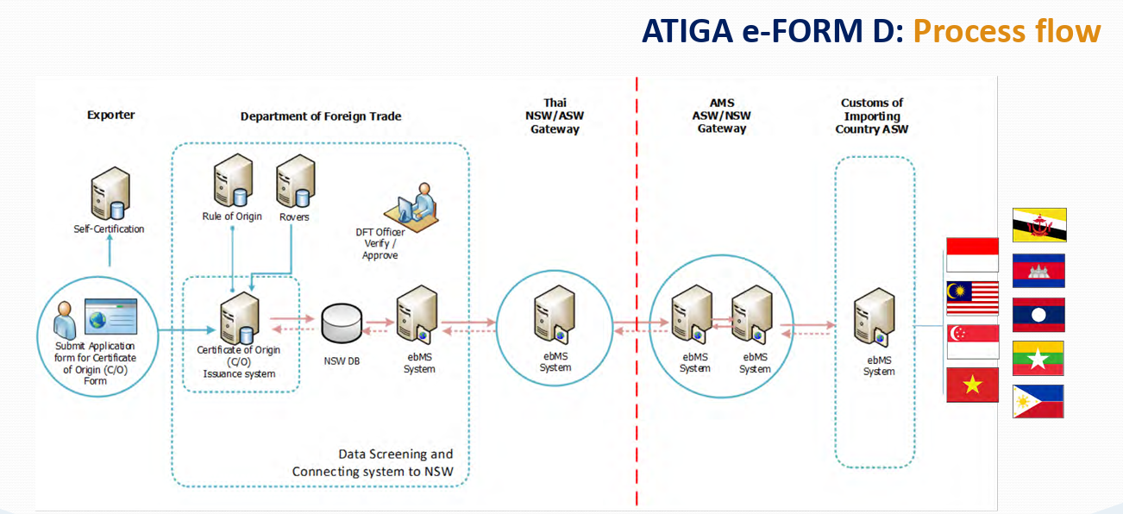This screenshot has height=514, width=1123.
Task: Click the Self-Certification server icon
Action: coord(110,193)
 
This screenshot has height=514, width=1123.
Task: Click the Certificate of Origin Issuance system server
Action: coord(239,317)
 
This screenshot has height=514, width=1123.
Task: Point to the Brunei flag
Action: coord(1038,224)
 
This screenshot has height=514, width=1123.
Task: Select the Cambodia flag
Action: coord(1038,270)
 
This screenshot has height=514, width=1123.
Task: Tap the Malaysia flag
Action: coord(972,298)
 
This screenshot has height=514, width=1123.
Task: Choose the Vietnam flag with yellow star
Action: coord(972,385)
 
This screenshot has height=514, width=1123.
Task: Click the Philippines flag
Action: coord(1038,402)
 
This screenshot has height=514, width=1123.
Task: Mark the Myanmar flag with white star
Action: coord(1038,358)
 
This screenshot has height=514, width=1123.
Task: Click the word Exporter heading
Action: coord(111,115)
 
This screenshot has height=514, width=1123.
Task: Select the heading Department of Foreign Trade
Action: coord(321,116)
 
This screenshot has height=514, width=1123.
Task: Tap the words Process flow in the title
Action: coord(1007,32)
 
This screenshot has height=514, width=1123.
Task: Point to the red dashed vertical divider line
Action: coord(637,259)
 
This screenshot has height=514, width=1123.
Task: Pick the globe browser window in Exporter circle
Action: coord(110,317)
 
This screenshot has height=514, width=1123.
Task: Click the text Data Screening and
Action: coord(395,454)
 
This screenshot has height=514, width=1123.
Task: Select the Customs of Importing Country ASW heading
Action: coord(872,116)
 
